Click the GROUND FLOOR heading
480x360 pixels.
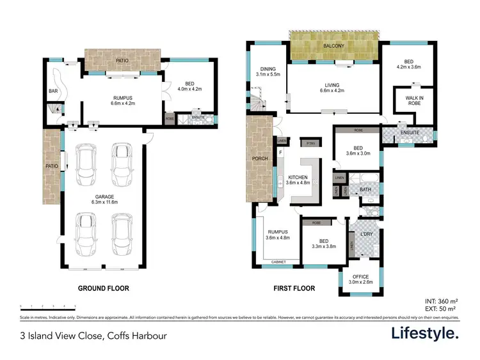tap(103, 288)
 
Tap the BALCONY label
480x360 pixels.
tap(333, 47)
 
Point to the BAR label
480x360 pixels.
tap(53, 91)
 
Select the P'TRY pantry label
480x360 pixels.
tap(312, 143)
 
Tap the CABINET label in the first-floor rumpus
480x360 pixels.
tap(278, 262)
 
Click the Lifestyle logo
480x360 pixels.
tap(426, 334)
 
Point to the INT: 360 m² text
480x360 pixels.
tap(440, 301)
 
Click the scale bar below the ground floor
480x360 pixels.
tap(48, 306)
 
